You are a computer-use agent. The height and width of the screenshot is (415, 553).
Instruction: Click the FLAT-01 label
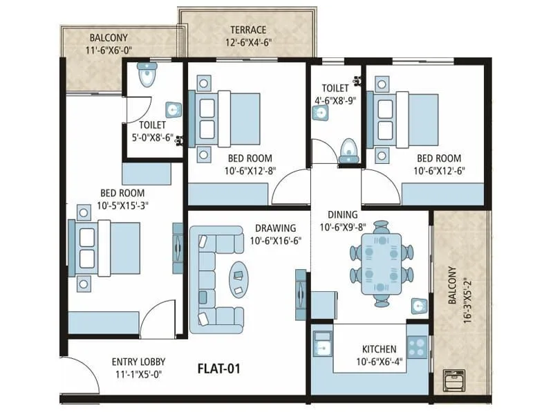click(220, 368)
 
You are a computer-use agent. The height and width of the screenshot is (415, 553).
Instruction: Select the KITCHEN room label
click(379, 349)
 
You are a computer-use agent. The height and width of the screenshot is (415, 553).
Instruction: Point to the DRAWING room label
click(275, 228)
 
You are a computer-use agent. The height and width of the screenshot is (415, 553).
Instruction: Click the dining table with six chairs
click(382, 263)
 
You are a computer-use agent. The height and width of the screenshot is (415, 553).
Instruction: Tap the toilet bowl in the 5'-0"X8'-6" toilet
click(146, 76)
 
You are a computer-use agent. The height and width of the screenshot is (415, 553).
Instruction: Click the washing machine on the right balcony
click(454, 381)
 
